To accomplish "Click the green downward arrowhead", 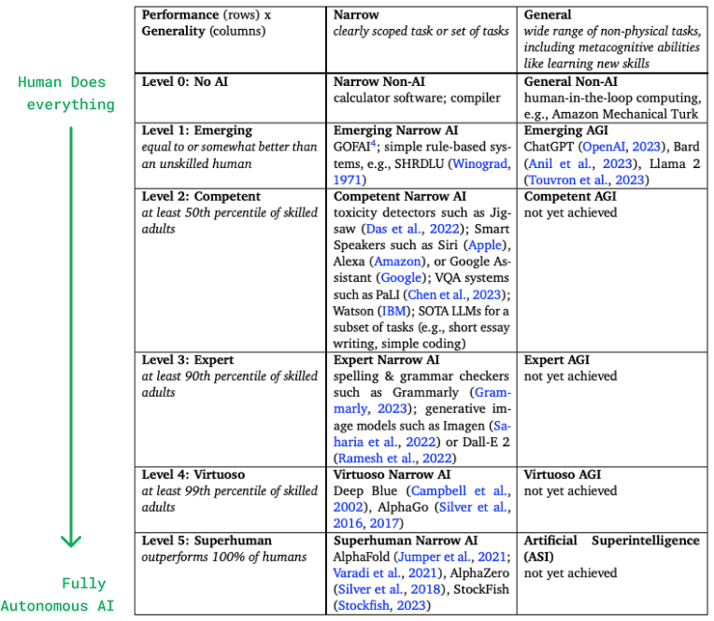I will [x=71, y=540].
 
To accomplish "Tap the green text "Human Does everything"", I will [x=65, y=93].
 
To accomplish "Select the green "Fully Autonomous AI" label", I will [x=58, y=595].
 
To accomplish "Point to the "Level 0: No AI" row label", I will [x=185, y=82].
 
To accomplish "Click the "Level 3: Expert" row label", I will [x=188, y=360].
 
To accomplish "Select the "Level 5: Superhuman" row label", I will [x=207, y=541].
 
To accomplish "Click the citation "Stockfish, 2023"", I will [x=381, y=606].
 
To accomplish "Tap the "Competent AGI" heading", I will [x=571, y=196].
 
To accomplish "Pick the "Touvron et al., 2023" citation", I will [x=585, y=180].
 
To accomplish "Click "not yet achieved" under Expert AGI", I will [x=570, y=376].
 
